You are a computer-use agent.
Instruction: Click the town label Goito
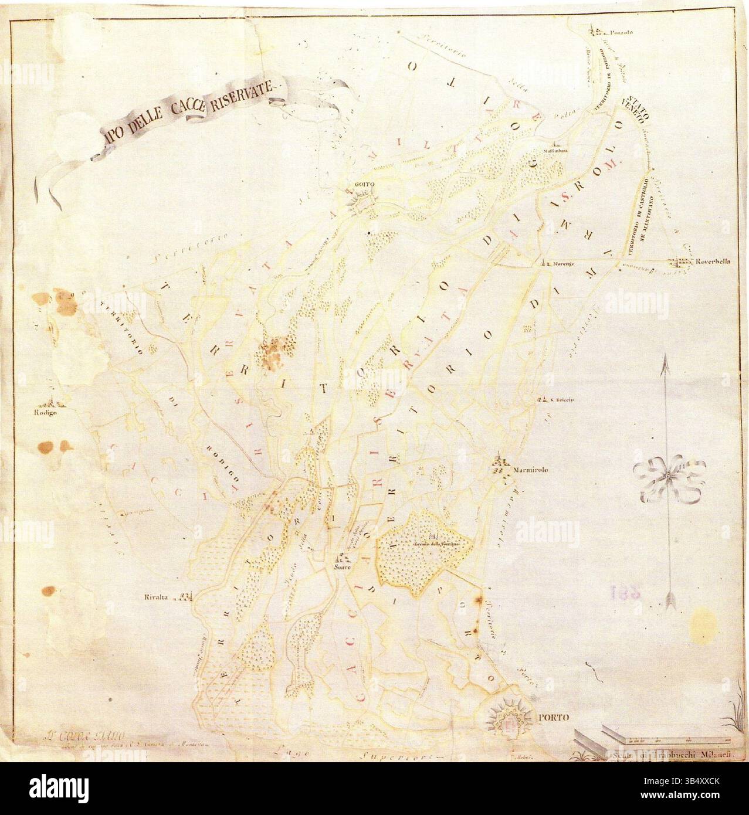click(361, 185)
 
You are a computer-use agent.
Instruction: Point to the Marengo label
click(564, 264)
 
